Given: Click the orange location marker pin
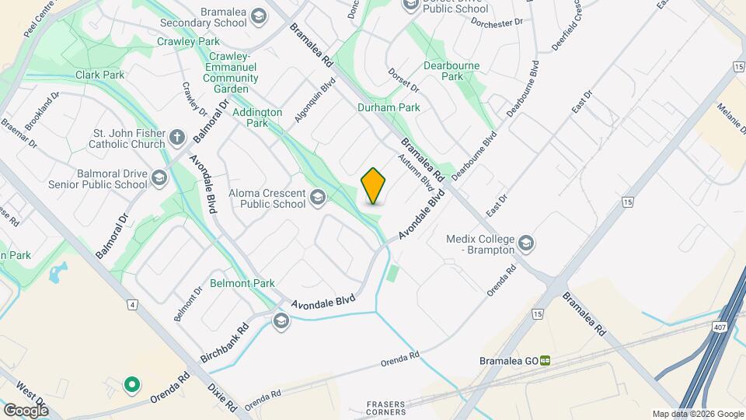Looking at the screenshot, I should (374, 185).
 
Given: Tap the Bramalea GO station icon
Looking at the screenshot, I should (546, 360).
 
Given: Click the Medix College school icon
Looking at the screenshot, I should (527, 243).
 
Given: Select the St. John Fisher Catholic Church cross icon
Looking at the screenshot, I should (177, 138).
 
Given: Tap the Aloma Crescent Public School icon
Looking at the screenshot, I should (317, 198).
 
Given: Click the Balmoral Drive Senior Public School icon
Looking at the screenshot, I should (159, 179).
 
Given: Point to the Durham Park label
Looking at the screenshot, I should (389, 107).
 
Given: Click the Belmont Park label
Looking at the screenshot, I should (242, 283).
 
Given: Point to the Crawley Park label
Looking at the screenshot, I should (188, 41).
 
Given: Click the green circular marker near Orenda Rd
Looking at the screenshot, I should (132, 383).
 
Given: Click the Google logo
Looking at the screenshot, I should (26, 409).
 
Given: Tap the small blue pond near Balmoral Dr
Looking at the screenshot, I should (58, 273).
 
